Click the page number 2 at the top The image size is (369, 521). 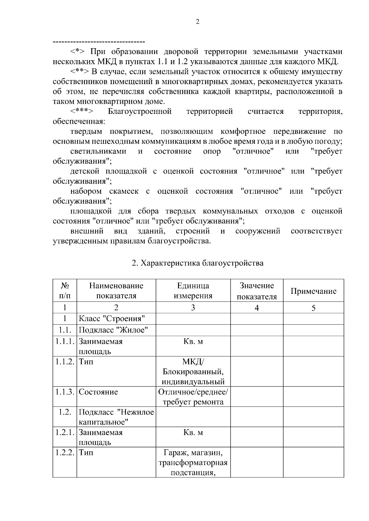(x=197, y=21)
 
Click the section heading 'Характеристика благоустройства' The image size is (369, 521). (x=197, y=263)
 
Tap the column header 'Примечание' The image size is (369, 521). (x=313, y=291)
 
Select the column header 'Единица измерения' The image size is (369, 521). (x=193, y=290)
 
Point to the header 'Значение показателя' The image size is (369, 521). (x=257, y=291)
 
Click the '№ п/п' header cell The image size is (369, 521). (x=65, y=290)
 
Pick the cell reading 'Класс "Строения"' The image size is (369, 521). (x=112, y=318)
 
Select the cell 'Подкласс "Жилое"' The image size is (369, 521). (x=113, y=330)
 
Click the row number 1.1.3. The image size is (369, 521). (x=65, y=392)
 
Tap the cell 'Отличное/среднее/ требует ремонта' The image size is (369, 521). (x=193, y=397)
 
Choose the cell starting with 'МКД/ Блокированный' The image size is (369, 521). (x=193, y=371)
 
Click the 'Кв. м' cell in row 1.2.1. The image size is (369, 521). (x=193, y=433)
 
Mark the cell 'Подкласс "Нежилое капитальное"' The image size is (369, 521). (x=116, y=417)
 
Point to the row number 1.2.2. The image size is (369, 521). (x=65, y=453)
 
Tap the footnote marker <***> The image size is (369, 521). (x=82, y=111)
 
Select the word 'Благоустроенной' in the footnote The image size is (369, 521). (x=140, y=111)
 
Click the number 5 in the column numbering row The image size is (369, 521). (x=313, y=308)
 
